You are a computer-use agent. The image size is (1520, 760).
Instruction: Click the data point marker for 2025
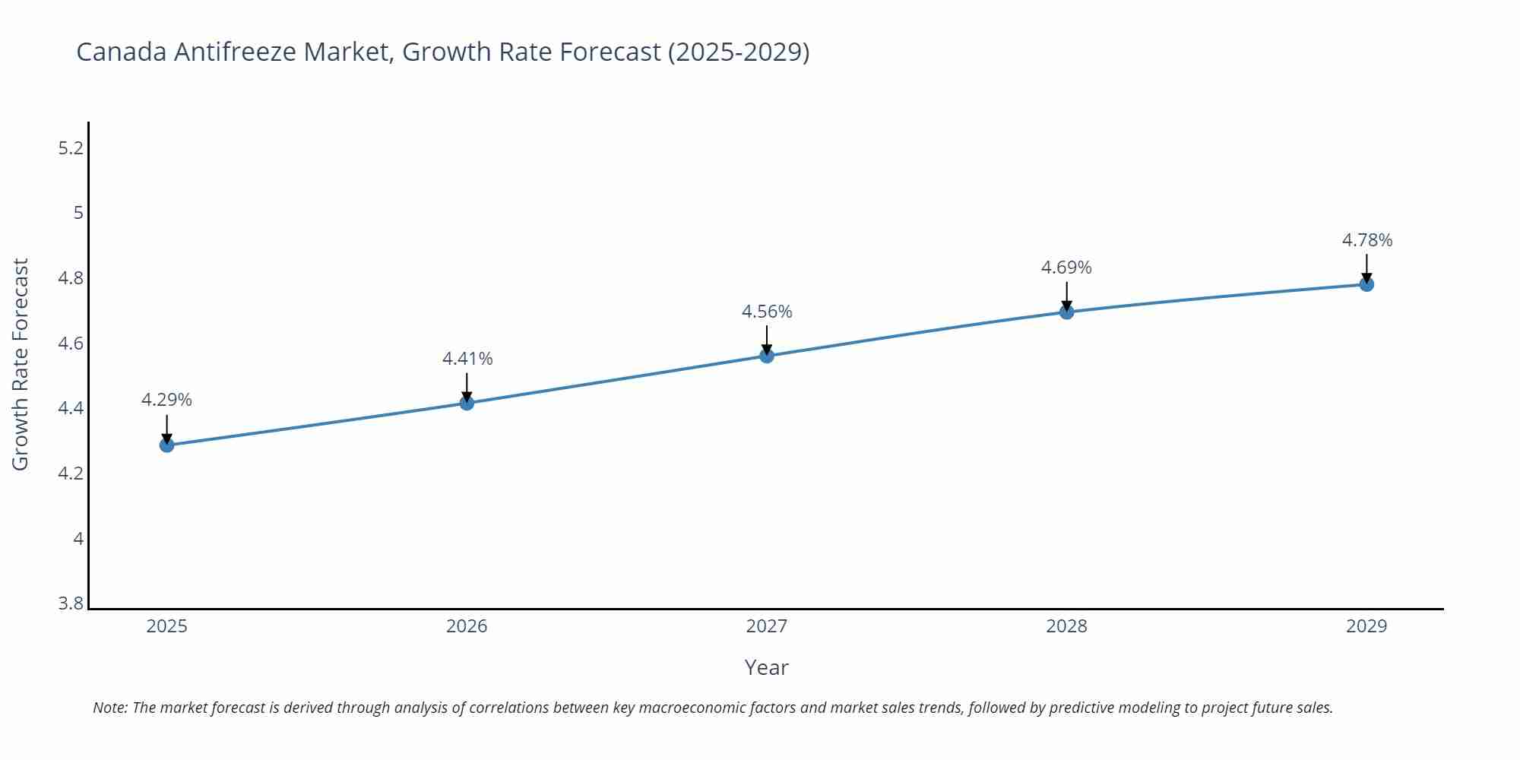point(166,445)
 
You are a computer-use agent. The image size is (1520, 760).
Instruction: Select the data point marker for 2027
point(766,356)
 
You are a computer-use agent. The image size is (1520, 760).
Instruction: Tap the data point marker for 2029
point(1366,284)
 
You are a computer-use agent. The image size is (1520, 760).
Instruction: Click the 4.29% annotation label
point(166,400)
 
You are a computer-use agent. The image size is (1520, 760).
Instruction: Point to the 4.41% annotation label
point(467,359)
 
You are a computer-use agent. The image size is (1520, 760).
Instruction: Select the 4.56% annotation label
point(767,312)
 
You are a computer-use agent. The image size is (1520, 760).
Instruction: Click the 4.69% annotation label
point(1066,268)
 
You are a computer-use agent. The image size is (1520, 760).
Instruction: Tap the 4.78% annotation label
point(1366,240)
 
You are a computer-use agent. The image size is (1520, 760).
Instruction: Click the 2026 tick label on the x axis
point(467,626)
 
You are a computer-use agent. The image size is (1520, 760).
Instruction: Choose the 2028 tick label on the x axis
point(1066,626)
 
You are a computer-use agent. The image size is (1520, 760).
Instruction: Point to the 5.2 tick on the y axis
point(71,147)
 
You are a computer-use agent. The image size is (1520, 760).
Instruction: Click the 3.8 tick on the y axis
point(71,603)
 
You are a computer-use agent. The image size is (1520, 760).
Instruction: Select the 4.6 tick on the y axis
point(71,344)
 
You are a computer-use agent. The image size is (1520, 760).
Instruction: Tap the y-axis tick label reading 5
point(78,213)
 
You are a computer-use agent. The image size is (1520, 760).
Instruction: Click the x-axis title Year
point(766,667)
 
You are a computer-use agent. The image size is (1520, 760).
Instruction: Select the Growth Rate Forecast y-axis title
point(21,364)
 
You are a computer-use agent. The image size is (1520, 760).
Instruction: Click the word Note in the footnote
point(109,708)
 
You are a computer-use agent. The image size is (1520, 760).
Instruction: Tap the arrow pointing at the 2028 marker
point(1066,296)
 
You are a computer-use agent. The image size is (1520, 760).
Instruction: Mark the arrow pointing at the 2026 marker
point(467,387)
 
